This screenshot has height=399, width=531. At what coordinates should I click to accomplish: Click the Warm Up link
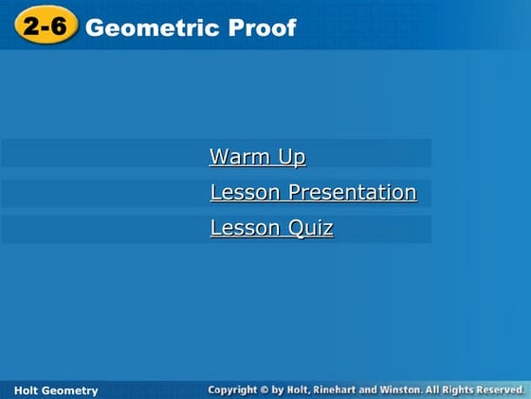pos(257,157)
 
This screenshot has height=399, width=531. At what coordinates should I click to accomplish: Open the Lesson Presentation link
pos(313,193)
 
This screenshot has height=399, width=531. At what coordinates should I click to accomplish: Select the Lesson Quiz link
pos(271,228)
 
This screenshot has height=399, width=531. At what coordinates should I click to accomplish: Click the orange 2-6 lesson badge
pos(45,27)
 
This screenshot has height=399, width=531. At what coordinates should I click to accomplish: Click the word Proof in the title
pos(263,28)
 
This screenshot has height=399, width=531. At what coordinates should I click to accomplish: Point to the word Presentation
pos(352,193)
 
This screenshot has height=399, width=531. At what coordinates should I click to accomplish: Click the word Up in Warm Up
pos(292,157)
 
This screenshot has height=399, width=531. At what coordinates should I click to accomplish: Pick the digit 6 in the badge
pos(58,27)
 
